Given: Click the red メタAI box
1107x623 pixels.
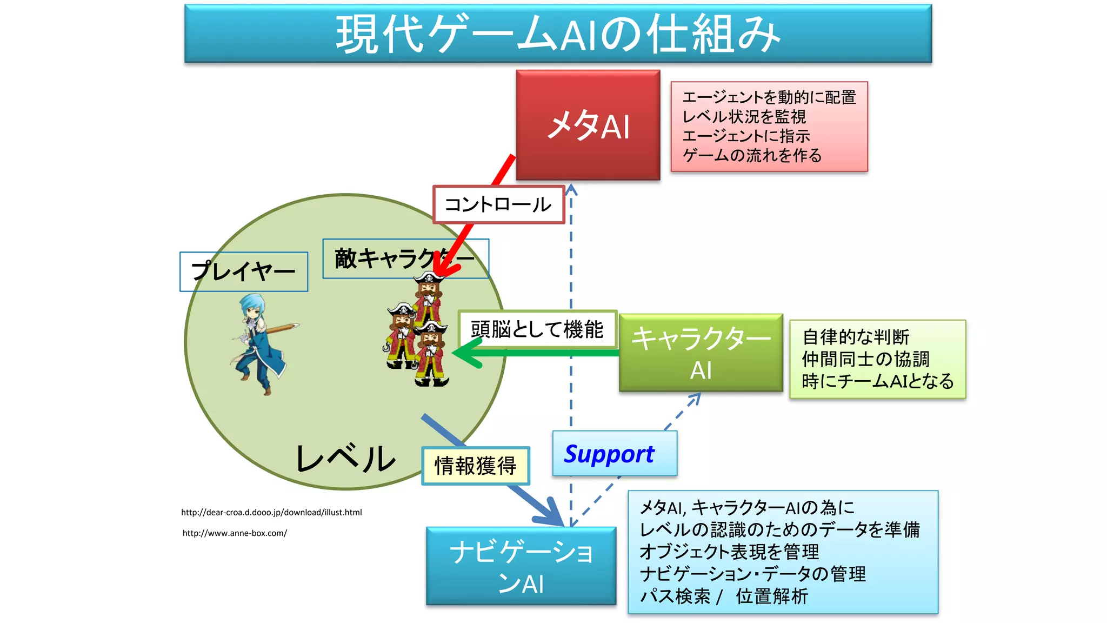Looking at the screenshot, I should coord(588,124).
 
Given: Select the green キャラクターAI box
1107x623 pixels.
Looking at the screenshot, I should coord(701,353).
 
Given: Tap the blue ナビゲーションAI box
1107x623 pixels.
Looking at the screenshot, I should coord(521,566).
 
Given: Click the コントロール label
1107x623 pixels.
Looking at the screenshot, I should coord(498,204).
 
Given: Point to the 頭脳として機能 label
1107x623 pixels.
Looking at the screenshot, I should coord(537,329).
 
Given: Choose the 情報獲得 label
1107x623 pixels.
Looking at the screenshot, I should coord(475,466).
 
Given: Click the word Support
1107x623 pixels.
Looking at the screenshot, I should coord(609,454).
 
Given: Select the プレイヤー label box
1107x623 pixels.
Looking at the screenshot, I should coord(243,271).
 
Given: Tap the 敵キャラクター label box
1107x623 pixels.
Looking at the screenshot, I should coord(405,259).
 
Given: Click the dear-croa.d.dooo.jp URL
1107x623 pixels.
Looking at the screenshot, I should coord(271,512).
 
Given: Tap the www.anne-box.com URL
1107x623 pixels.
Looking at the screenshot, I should coord(235,533).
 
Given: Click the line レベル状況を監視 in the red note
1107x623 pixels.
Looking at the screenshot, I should coord(744,117).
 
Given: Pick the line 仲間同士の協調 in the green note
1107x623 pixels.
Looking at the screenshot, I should coord(865,359).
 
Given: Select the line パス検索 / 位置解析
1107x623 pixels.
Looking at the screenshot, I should coord(724,597).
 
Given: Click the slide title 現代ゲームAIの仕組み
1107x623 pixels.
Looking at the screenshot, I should coord(558,34).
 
